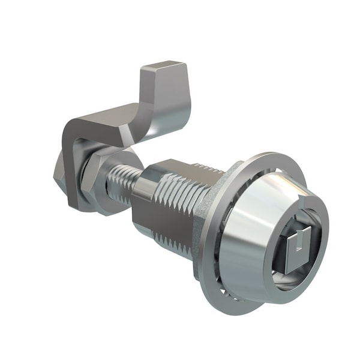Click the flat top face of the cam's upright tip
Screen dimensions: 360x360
click(x=163, y=67)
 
